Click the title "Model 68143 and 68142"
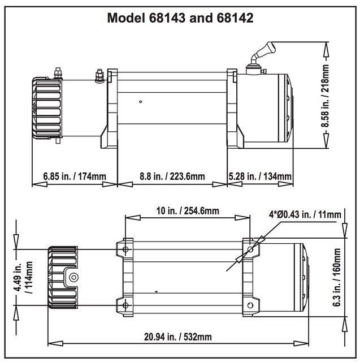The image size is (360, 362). pos(180,18)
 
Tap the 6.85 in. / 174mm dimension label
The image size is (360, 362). pos(75,176)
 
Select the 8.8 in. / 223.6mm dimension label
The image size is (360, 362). pos(172,176)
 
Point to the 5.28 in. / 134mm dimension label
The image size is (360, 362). pos(260,176)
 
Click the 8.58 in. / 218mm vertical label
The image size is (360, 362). pos(325,96)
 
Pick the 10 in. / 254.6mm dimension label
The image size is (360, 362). pos(188,211)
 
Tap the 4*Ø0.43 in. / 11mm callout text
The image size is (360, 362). pos(305,215)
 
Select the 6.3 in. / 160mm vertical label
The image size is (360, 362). pos(337,277)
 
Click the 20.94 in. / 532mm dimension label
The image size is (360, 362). pos(178,337)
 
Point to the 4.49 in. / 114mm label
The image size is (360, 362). pos(23,277)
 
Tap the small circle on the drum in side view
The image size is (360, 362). pos(141,102)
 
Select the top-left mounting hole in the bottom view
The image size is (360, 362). pos(125,249)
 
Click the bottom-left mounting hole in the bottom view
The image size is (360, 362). pos(125,305)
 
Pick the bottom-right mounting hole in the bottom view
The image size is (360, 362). pos(250,305)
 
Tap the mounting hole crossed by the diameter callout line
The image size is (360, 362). pos(250,249)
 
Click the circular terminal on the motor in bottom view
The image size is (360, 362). pos(74,277)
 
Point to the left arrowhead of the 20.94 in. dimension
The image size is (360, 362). pos(55,343)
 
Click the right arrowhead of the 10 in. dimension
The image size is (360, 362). pos(242,217)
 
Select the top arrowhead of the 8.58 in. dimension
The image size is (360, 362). pos(326,49)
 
